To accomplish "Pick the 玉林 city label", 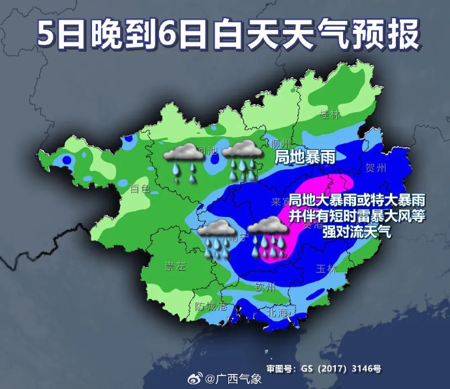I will (325, 268).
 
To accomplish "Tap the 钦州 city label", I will (266, 286).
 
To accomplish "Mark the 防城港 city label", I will (211, 306).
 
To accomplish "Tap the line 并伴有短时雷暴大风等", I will (357, 216).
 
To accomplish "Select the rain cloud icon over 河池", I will (183, 161).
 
